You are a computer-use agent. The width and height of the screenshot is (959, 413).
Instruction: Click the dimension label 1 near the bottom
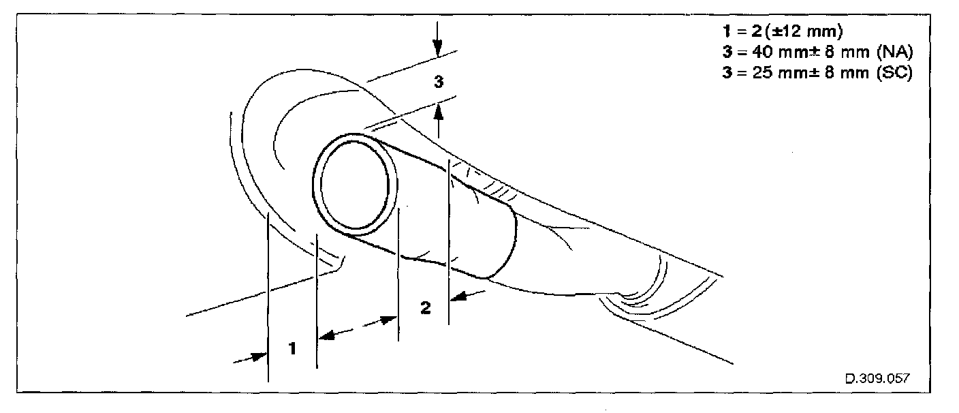(292, 348)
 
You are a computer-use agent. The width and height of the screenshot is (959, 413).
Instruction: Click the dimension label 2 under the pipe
(425, 308)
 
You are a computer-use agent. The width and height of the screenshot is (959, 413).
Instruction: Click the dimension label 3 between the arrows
(439, 82)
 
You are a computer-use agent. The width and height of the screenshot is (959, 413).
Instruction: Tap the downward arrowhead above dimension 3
(438, 48)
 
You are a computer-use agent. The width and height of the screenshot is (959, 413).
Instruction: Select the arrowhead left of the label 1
(259, 356)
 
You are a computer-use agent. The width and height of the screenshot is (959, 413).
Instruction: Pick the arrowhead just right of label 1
(326, 335)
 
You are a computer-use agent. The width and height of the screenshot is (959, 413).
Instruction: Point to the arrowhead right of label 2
(460, 296)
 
